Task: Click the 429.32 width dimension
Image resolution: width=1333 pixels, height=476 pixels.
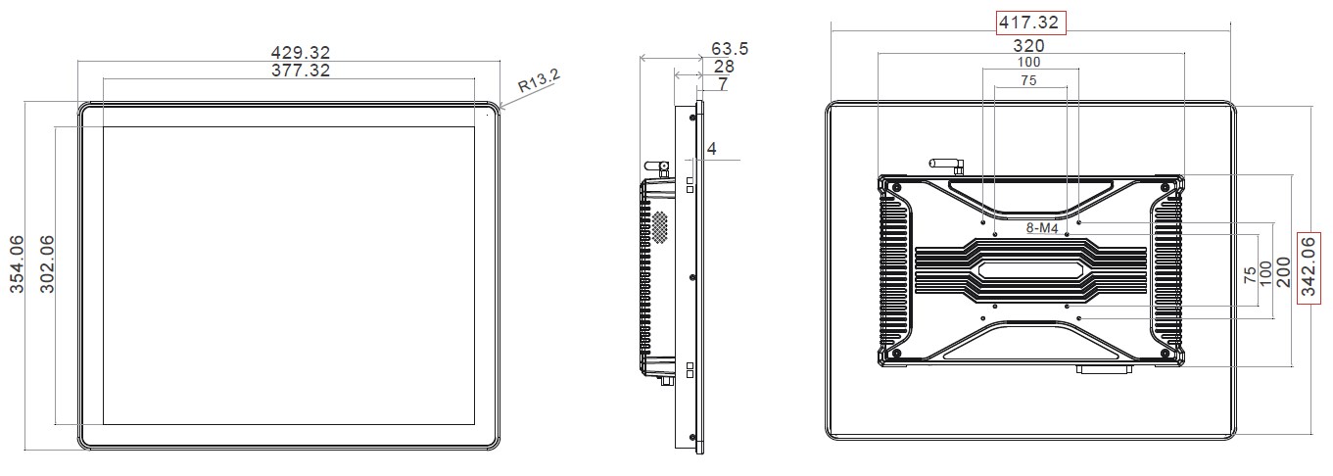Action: click(x=300, y=52)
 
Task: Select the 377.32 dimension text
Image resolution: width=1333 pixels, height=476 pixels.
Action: click(x=300, y=71)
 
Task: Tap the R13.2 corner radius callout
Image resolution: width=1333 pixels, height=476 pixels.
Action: click(x=539, y=80)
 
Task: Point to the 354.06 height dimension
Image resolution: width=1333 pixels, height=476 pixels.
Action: click(x=17, y=263)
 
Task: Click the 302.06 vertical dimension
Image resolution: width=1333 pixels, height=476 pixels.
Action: click(x=47, y=263)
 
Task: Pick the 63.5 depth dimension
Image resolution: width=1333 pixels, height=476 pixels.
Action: click(x=730, y=48)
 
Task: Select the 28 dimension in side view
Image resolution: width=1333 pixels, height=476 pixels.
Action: click(x=724, y=66)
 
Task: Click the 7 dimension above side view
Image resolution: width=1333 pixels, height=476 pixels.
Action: click(x=723, y=84)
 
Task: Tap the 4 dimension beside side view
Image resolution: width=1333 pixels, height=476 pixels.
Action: click(x=712, y=149)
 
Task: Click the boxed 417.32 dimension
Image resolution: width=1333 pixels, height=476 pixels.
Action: click(x=1029, y=23)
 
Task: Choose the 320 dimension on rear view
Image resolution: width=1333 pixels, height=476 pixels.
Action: click(x=1029, y=46)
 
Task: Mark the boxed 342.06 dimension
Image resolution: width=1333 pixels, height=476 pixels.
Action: click(x=1309, y=266)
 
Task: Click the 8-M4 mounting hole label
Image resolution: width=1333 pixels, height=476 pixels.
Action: click(x=1042, y=228)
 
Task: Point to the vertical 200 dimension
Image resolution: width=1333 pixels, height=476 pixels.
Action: click(x=1284, y=272)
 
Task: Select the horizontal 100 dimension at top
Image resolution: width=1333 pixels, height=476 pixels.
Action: click(x=1029, y=62)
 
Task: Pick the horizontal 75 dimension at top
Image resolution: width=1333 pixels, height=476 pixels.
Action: click(x=1029, y=80)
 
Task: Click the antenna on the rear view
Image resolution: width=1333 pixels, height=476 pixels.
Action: click(x=947, y=165)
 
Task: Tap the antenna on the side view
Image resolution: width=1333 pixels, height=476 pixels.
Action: click(x=656, y=168)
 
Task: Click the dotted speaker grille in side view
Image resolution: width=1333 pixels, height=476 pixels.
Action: click(x=659, y=226)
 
